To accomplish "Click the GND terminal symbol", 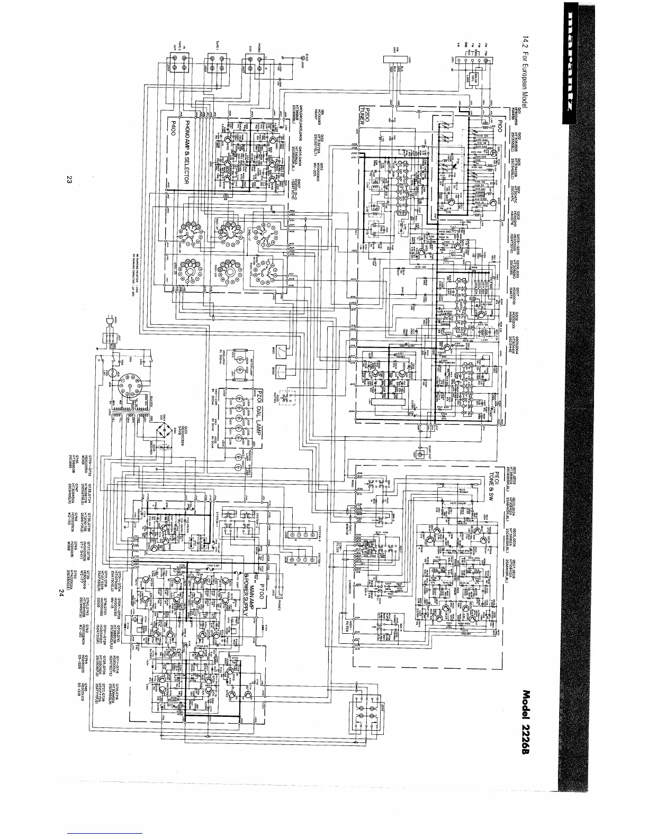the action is (x=304, y=60).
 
